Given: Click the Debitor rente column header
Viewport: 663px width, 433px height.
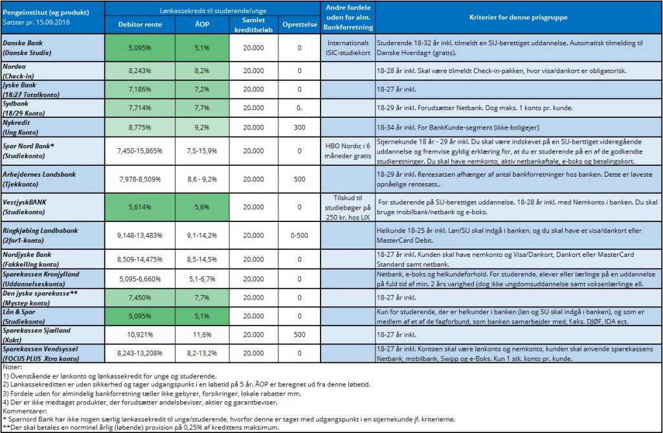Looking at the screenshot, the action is point(140,25).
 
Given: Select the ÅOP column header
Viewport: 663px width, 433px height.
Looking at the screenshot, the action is point(202,24).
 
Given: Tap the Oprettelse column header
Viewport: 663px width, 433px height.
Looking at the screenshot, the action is point(300,25).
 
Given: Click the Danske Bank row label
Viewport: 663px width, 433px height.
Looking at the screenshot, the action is point(27,48).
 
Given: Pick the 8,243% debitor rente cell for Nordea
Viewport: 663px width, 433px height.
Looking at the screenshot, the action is point(140,71).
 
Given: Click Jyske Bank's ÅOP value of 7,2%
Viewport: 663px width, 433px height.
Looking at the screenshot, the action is point(202,89).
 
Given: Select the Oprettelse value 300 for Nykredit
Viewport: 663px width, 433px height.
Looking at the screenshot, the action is point(299,128).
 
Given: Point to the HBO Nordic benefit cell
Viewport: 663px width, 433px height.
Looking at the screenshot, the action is point(348,151).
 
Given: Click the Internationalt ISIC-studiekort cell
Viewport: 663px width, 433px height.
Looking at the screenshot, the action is point(348,48).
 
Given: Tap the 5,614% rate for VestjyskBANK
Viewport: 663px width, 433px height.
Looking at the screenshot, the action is point(140,207).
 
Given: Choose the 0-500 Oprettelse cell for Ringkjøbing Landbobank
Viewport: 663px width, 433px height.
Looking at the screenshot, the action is point(299,236).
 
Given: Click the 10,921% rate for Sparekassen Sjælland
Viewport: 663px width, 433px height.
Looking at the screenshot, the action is point(140,335).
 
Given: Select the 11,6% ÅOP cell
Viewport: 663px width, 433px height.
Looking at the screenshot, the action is point(202,335).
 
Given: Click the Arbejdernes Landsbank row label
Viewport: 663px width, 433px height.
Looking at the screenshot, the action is point(39,179).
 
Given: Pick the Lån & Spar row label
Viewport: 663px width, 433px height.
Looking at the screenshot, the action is point(24,316).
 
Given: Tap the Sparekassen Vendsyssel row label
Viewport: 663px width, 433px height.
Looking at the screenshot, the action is point(41,353).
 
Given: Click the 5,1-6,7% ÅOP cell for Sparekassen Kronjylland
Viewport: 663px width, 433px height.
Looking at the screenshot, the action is point(202,279).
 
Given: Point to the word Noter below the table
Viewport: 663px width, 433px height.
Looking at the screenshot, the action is point(12,367).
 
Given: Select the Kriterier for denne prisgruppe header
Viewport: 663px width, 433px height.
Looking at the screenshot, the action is point(519,17).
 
